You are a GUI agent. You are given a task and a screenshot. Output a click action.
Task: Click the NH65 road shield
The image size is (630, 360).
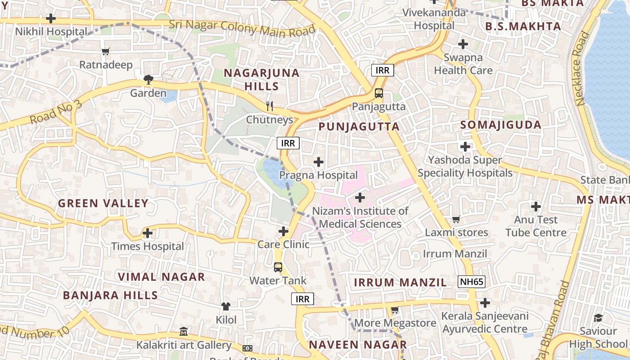click(472, 282)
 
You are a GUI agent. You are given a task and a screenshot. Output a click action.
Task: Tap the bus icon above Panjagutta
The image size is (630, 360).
click(379, 93)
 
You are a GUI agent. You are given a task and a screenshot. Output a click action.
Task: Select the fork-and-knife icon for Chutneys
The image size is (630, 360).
click(270, 106)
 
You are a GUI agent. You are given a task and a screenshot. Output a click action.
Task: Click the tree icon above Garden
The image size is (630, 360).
click(148, 80)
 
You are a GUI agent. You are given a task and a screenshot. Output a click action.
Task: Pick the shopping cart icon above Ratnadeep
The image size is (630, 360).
click(106, 51)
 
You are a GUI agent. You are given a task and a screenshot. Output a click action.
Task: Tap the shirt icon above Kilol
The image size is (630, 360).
click(226, 306)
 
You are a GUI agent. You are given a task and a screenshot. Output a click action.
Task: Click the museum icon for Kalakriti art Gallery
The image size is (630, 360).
click(184, 332)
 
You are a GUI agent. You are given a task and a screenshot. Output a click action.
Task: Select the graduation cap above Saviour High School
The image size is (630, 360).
click(598, 318)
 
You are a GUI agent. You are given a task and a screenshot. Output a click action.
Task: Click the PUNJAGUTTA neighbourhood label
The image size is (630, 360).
click(359, 127)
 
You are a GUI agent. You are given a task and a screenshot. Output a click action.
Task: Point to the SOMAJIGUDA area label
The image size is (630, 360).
click(501, 125)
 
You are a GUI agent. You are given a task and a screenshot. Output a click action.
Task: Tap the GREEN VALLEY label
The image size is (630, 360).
click(103, 203)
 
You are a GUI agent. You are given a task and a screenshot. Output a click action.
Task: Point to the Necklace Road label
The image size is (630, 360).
click(582, 68)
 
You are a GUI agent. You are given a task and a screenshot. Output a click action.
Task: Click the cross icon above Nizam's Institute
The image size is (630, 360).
click(360, 197)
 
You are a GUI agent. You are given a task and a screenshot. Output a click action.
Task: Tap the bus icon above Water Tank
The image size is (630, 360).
click(278, 267)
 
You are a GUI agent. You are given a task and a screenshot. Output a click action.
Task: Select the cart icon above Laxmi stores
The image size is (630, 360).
click(456, 219)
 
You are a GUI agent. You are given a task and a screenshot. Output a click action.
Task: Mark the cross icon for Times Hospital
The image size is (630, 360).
click(147, 233)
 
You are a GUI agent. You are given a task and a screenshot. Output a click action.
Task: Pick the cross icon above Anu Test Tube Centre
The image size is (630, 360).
click(535, 207)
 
